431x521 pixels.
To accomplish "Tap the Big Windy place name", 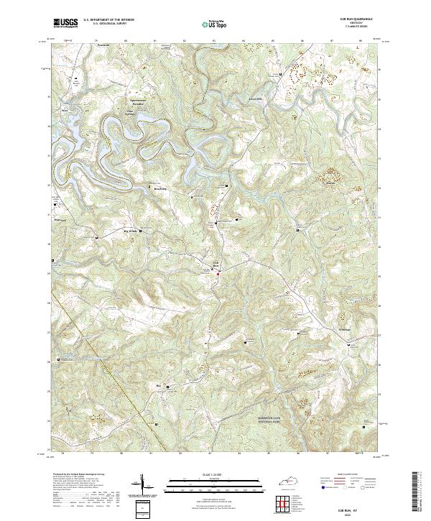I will point(127,231).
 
